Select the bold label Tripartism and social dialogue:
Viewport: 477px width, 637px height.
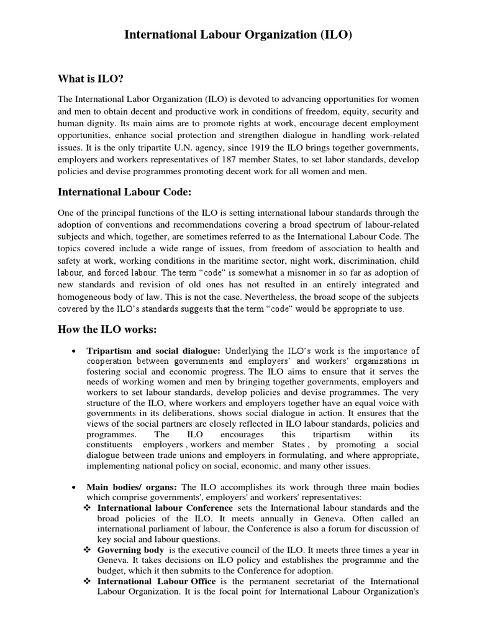tap(153, 351)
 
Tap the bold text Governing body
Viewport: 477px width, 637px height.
tap(131, 550)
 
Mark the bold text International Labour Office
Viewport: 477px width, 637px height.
tap(157, 581)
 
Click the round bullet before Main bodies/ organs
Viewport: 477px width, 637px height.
tap(75, 487)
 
